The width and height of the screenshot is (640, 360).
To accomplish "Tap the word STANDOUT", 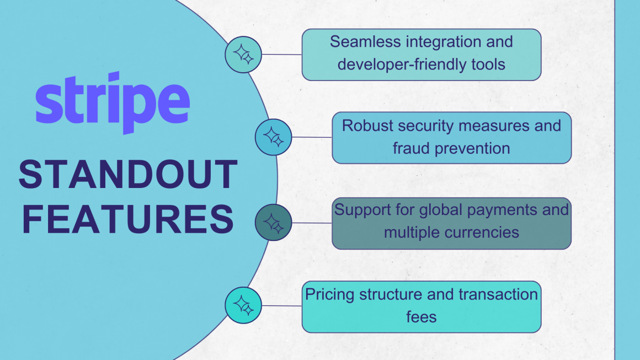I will [128, 175].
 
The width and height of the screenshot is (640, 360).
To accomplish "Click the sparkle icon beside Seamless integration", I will [243, 55].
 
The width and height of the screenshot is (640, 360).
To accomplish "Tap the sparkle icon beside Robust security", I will [273, 137].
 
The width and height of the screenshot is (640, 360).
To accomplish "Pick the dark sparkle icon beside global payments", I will [273, 223].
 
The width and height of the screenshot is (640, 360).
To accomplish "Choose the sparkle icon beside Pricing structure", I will [243, 305].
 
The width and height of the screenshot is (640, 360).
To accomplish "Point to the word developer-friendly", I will [398, 65].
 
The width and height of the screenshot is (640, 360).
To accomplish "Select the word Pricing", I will [330, 294].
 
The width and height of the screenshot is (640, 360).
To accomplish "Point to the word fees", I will [421, 317].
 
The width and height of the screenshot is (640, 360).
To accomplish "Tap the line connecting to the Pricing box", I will [281, 305].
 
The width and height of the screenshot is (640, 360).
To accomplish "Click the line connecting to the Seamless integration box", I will [281, 55].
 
